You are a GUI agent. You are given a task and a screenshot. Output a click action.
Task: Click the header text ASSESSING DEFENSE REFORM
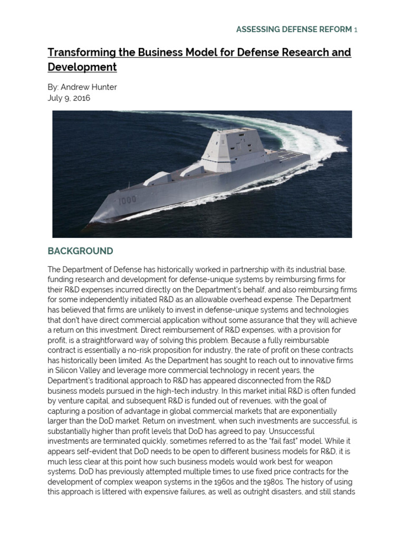(x=294, y=29)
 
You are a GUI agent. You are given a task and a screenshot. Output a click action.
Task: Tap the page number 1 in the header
(x=355, y=29)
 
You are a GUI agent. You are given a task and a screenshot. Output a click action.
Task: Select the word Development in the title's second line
(x=82, y=67)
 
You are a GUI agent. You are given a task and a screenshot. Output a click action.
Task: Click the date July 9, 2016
(x=69, y=98)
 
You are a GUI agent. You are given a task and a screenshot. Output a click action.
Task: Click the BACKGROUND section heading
(x=80, y=251)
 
